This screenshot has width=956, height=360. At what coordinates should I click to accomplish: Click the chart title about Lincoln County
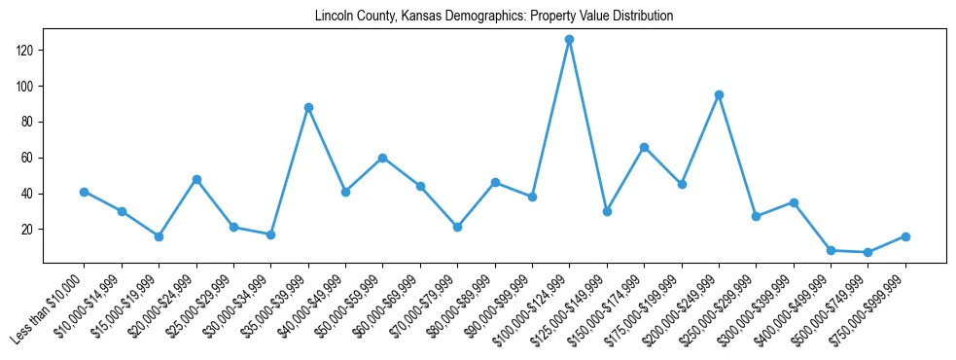[494, 17]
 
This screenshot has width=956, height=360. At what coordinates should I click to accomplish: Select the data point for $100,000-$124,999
[569, 39]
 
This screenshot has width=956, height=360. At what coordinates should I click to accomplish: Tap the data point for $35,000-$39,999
[308, 107]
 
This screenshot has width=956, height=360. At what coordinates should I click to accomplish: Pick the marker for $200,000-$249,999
[719, 94]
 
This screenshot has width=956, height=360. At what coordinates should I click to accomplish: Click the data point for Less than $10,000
[85, 192]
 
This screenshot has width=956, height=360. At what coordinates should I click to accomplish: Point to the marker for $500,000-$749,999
[867, 252]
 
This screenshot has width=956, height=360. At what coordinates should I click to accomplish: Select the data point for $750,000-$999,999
[905, 236]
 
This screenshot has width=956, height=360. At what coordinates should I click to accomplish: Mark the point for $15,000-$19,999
[159, 236]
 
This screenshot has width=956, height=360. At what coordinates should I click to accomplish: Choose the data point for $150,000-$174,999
[644, 147]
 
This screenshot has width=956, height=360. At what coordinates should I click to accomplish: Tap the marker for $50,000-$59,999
[383, 158]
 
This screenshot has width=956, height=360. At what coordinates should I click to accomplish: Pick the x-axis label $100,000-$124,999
[532, 309]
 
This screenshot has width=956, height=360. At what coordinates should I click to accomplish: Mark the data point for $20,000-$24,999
[196, 179]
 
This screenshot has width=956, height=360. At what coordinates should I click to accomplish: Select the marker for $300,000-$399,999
[794, 202]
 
